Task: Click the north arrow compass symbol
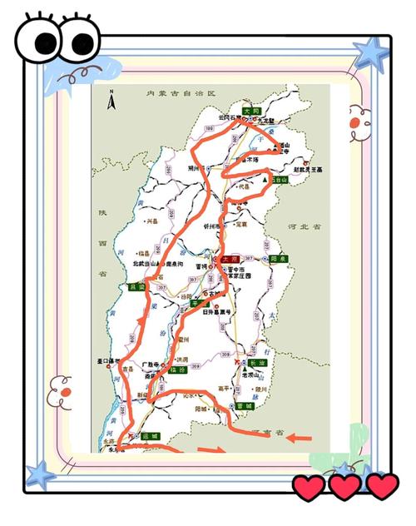coord(112,102)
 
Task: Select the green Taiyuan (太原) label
coord(227,261)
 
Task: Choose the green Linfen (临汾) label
coord(176,370)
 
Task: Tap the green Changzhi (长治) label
coord(250,363)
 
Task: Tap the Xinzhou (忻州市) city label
coord(211,226)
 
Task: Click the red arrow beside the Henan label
coord(300,437)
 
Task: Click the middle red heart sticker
coord(344,487)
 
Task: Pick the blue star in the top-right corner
coord(369,52)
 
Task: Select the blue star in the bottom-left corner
coord(39,476)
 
